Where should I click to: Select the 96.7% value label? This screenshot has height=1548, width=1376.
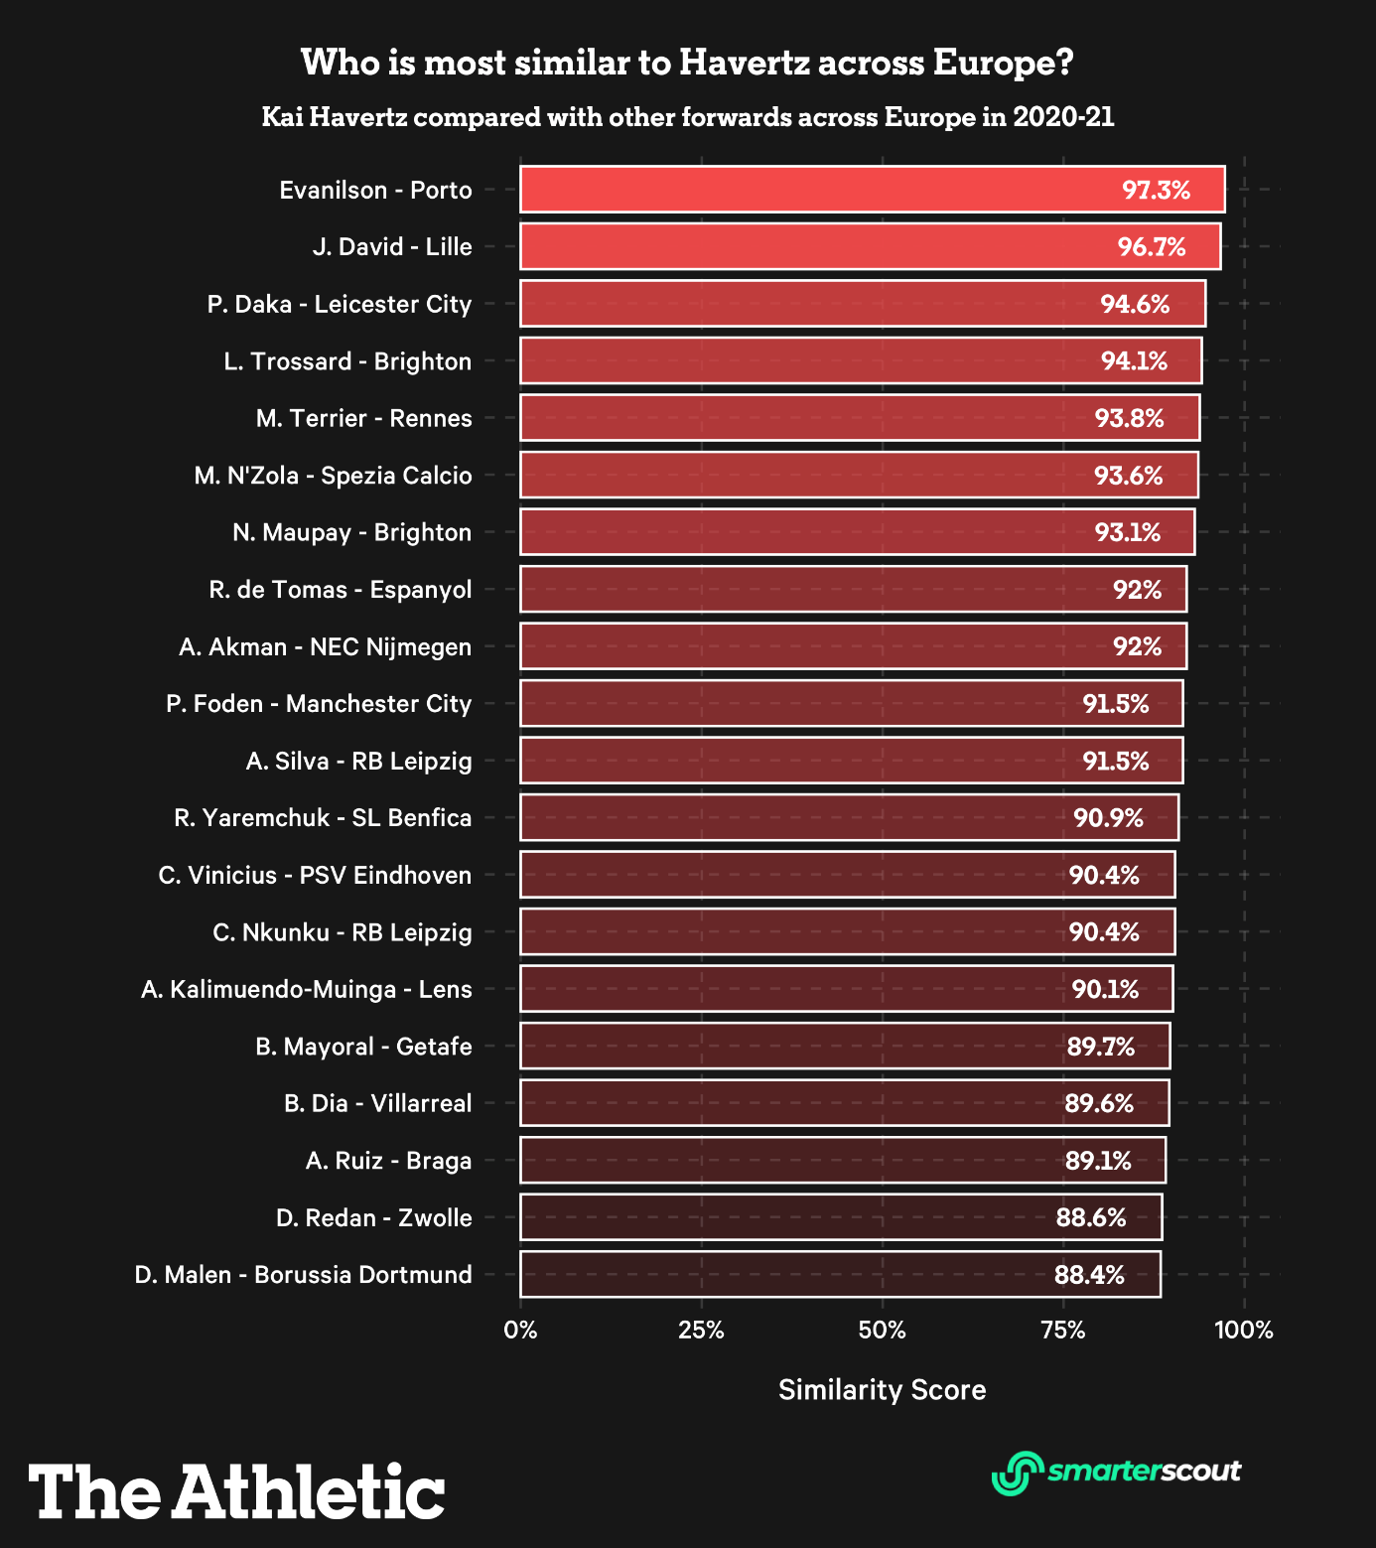tap(1152, 247)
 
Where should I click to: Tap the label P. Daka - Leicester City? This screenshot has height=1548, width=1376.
tap(340, 304)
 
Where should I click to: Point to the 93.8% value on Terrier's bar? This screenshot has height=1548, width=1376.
tap(1129, 418)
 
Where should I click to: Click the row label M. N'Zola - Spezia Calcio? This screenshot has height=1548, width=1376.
tap(333, 476)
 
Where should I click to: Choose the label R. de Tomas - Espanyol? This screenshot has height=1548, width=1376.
tap(341, 590)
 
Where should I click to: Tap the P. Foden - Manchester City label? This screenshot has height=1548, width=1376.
tap(319, 704)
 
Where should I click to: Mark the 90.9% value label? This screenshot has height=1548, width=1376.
tap(1108, 818)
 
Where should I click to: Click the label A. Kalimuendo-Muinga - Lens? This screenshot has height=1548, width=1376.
tap(307, 990)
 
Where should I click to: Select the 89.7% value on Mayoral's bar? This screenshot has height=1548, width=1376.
tap(1100, 1047)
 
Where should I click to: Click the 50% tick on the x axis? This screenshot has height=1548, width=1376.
tap(882, 1331)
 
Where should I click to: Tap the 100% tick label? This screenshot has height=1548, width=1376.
tap(1244, 1331)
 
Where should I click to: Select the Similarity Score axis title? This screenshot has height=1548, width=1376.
tap(882, 1390)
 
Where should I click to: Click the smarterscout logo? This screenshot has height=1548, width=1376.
tap(1117, 1472)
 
